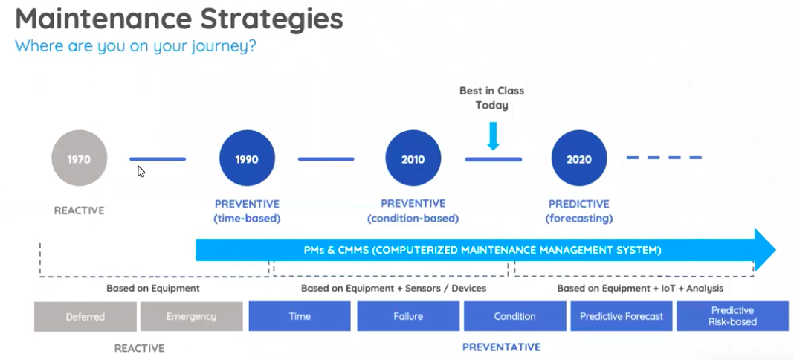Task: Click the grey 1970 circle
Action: (x=80, y=158)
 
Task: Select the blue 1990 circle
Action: (x=247, y=158)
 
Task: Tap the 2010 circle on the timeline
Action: (x=413, y=158)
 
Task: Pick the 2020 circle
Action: (x=579, y=158)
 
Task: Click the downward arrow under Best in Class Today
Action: (x=492, y=135)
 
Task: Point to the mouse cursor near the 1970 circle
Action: (x=141, y=171)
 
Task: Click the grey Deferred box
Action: (x=85, y=316)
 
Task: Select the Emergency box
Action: (x=191, y=316)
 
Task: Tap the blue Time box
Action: (x=299, y=316)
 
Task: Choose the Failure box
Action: (x=408, y=316)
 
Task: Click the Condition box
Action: (x=514, y=316)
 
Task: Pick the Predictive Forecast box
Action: (x=622, y=316)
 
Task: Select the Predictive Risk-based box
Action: (x=732, y=316)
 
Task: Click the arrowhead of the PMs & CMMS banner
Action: (x=764, y=250)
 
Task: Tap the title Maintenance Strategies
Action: (x=178, y=19)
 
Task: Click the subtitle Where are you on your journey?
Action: (x=135, y=46)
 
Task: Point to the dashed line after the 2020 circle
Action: (x=664, y=158)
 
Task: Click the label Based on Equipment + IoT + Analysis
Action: (x=639, y=288)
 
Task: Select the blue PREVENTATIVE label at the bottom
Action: (x=501, y=347)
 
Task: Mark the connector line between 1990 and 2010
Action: (x=326, y=158)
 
